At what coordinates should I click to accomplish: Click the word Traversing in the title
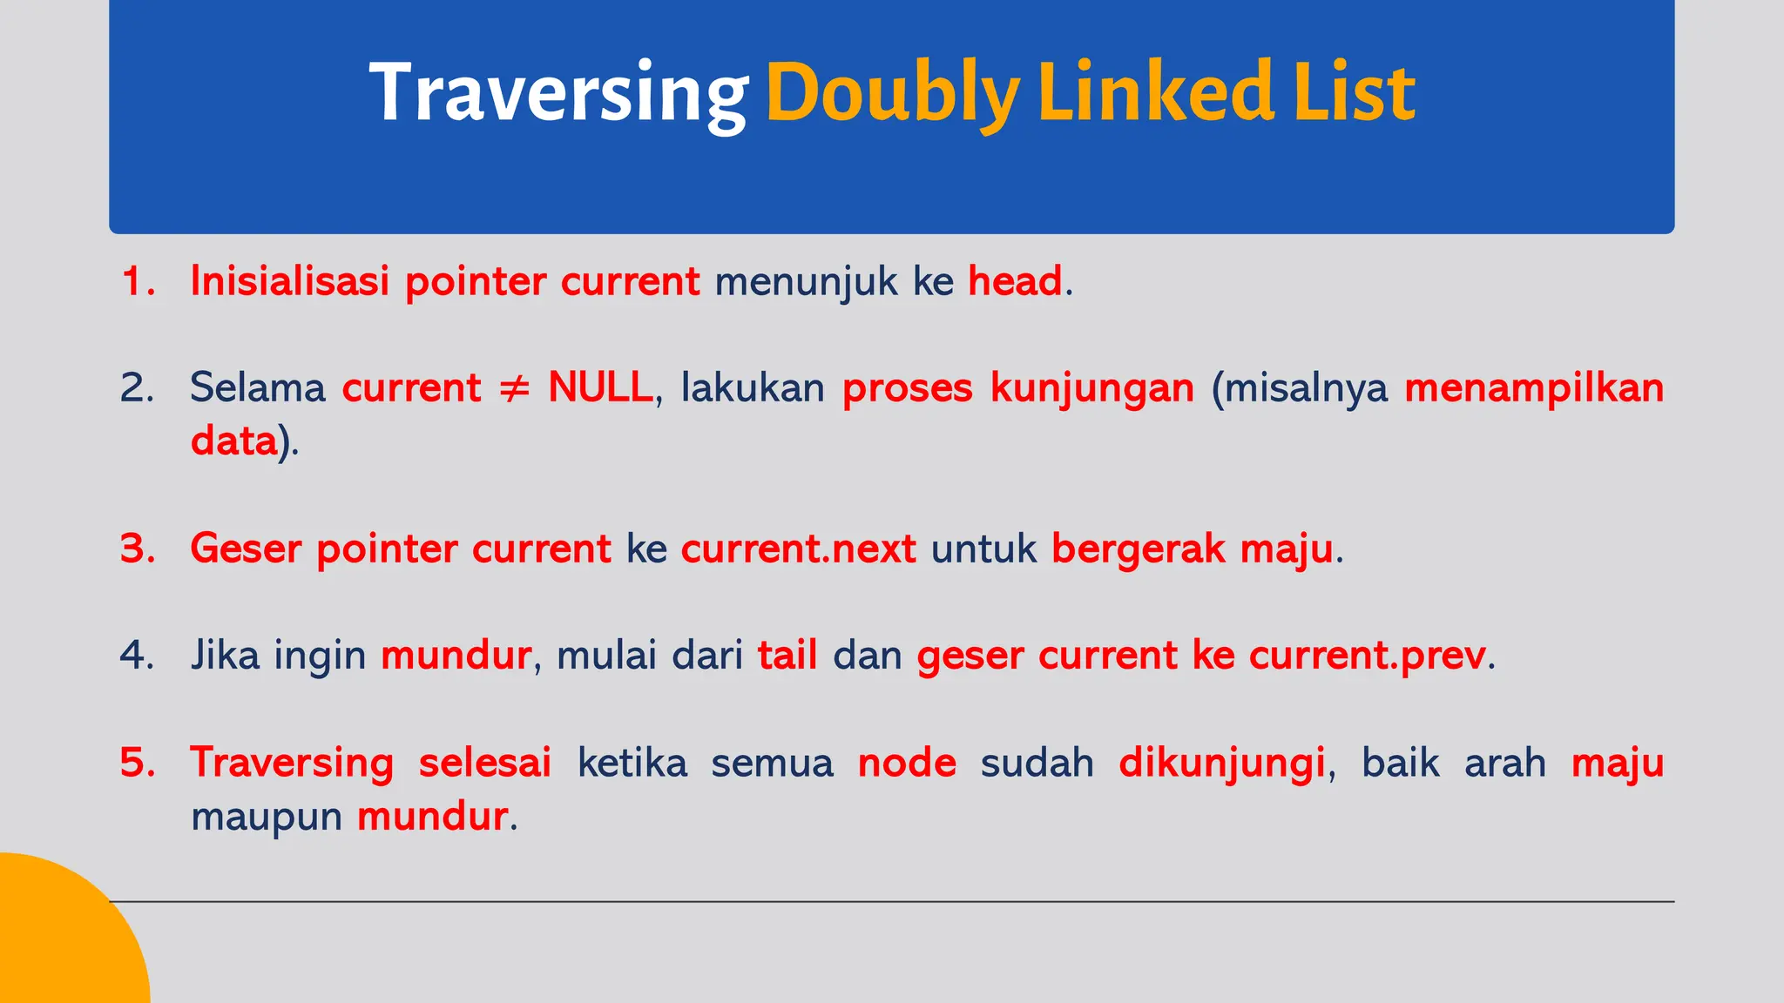[557, 94]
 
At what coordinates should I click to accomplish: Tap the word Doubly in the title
[892, 94]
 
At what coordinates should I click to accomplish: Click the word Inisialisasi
[289, 281]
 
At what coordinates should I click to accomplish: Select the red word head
[1015, 281]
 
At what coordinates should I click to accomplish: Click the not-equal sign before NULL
[514, 388]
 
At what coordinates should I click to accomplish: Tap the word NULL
[600, 388]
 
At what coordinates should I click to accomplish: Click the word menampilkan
[1534, 388]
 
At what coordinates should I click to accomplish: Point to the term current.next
[798, 549]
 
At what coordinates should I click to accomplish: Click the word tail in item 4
[787, 655]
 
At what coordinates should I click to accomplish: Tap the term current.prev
[1367, 655]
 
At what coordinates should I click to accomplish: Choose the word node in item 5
[907, 763]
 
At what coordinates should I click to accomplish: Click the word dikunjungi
[1221, 763]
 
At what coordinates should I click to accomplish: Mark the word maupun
[266, 817]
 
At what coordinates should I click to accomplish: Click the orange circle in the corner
[61, 940]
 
